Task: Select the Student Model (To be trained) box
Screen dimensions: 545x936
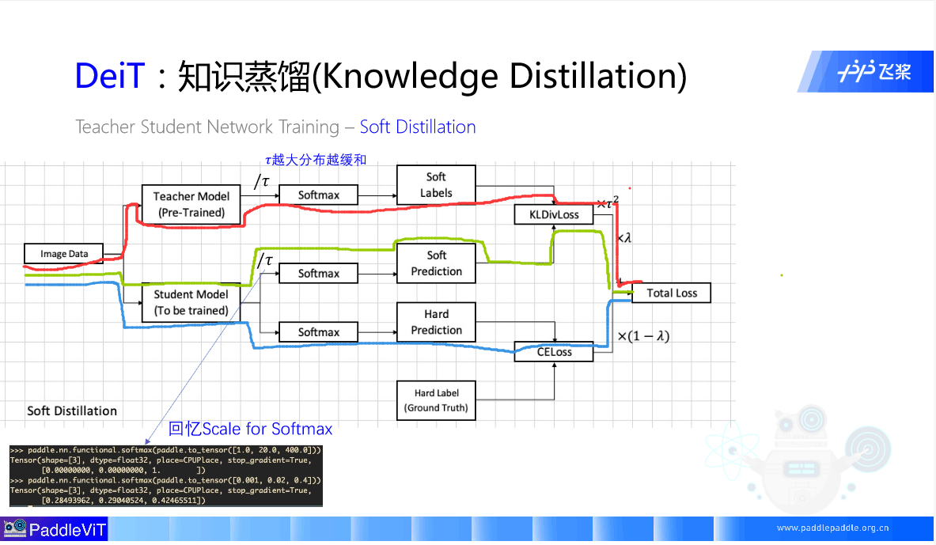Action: pos(191,302)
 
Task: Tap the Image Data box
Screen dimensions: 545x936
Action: pos(64,254)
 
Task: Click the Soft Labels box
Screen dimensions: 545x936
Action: pos(436,185)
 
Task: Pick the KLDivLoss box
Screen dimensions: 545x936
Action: pos(554,214)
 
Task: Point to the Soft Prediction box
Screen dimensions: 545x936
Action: pos(436,263)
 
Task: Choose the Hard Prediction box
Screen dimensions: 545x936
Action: pos(436,322)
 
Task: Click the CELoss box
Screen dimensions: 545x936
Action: pos(554,352)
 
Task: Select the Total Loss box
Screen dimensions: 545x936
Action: pos(671,293)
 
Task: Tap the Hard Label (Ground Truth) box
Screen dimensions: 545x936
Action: pos(436,400)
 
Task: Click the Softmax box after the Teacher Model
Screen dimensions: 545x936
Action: pos(318,195)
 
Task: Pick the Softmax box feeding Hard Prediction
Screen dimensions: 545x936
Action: pos(318,332)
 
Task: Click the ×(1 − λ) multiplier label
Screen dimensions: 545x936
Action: pos(643,336)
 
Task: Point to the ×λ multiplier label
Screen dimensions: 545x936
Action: pos(624,237)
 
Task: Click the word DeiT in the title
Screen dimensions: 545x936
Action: pos(110,76)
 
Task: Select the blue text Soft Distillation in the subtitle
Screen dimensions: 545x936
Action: pos(418,127)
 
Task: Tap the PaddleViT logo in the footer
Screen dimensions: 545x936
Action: pos(54,530)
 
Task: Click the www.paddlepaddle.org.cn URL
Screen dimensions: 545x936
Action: pos(832,528)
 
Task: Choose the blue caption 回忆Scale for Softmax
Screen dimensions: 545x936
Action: pos(250,429)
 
